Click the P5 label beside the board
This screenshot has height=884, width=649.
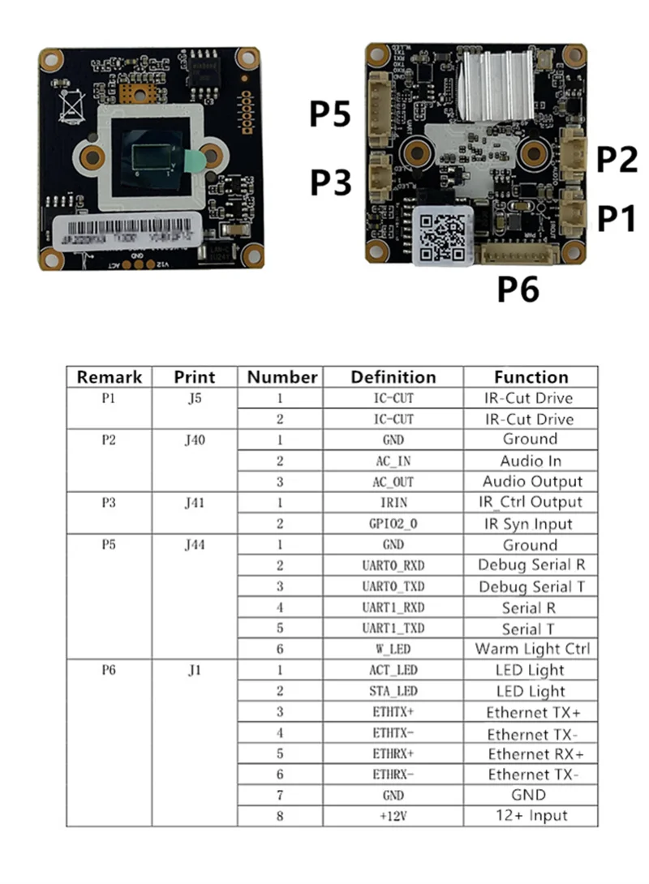330,114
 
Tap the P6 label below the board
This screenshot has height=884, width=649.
518,289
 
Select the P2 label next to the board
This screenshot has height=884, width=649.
617,160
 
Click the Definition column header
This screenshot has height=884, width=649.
393,377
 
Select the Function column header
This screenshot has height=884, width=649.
531,377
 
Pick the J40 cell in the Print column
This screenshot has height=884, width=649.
194,440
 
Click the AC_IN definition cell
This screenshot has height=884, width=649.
393,461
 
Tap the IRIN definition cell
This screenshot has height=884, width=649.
393,503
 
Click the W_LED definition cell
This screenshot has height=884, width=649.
393,649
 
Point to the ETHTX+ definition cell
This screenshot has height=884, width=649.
393,712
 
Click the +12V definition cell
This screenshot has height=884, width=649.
393,816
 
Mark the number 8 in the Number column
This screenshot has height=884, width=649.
281,816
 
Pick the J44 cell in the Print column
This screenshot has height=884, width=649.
194,545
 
